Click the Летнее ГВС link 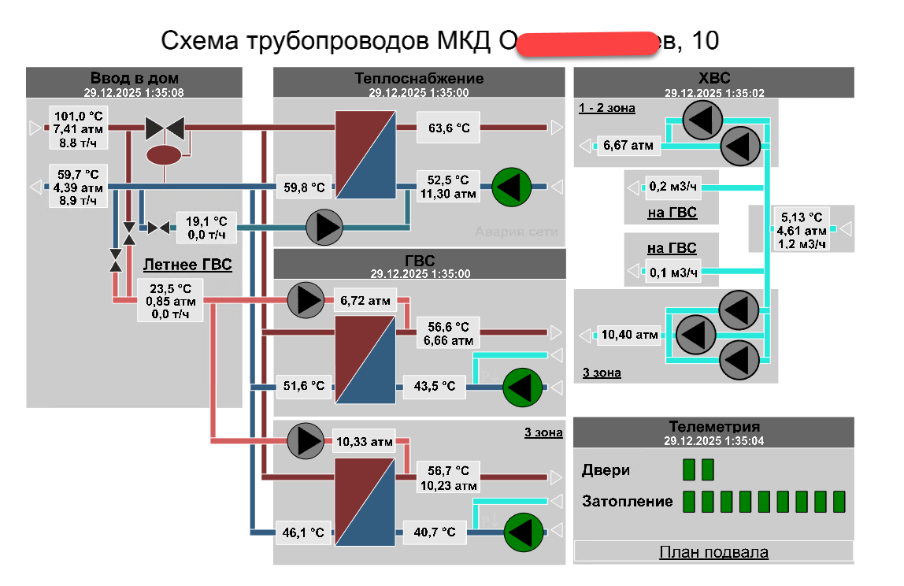[187, 265]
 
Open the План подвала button [713, 552]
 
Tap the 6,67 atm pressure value [628, 145]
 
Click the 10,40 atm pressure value [629, 335]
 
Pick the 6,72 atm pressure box [365, 300]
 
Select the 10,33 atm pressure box [365, 442]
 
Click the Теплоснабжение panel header [419, 79]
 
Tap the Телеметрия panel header [713, 428]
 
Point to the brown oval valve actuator [165, 154]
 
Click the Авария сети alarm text [516, 232]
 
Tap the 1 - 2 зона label [606, 108]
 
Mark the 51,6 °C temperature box [303, 386]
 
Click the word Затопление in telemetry [628, 501]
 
